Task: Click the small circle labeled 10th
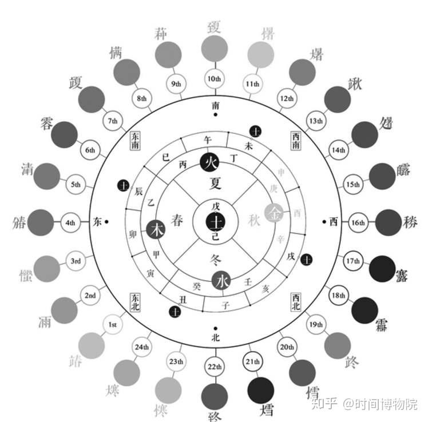click(x=214, y=79)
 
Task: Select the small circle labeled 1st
click(x=113, y=325)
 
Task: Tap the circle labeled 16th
click(x=358, y=222)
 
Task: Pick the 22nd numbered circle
click(x=215, y=367)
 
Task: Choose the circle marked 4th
click(x=70, y=222)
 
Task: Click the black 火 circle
click(x=209, y=162)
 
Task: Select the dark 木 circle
click(x=156, y=229)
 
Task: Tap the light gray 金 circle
click(x=274, y=213)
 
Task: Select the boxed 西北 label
click(x=295, y=302)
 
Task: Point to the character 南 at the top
click(x=215, y=105)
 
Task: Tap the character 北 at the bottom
click(x=215, y=337)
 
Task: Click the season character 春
click(x=178, y=220)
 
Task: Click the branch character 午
click(x=208, y=139)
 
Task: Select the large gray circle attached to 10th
click(x=214, y=47)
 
